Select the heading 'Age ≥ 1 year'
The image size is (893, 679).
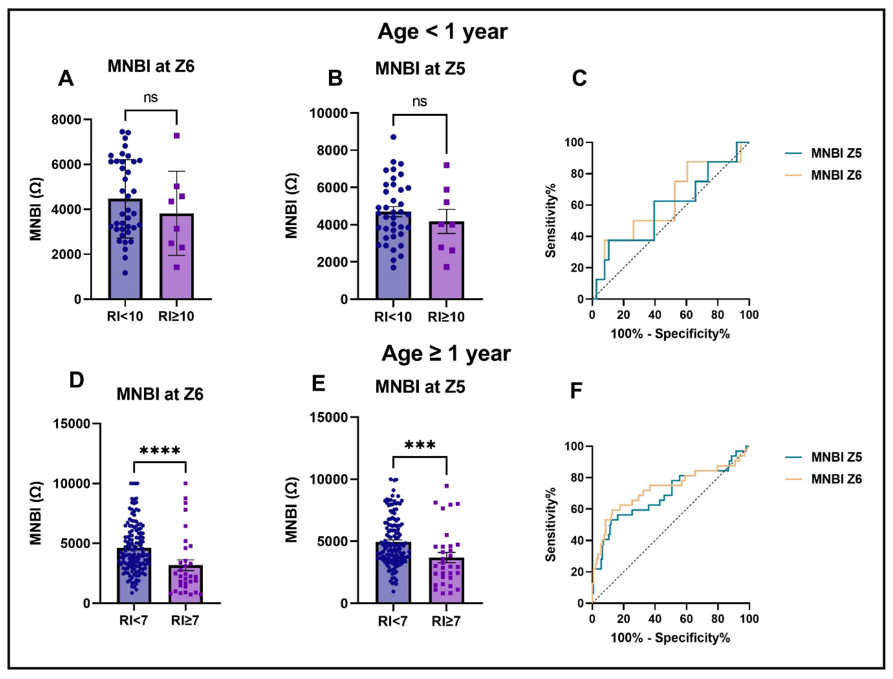[x=446, y=354]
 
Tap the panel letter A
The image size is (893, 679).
[x=66, y=78]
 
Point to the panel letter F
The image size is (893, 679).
[x=576, y=391]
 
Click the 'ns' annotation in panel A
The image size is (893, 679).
[x=150, y=97]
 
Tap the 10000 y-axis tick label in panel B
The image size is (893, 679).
[x=328, y=113]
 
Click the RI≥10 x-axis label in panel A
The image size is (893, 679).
[x=176, y=316]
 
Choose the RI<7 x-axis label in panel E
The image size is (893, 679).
[x=392, y=621]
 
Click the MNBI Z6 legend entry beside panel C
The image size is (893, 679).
[x=836, y=175]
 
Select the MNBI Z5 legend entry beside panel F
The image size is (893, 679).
[x=836, y=457]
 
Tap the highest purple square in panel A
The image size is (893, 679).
[x=177, y=136]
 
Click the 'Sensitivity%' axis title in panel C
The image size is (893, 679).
[x=551, y=220]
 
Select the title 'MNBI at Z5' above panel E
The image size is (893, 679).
[x=420, y=387]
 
